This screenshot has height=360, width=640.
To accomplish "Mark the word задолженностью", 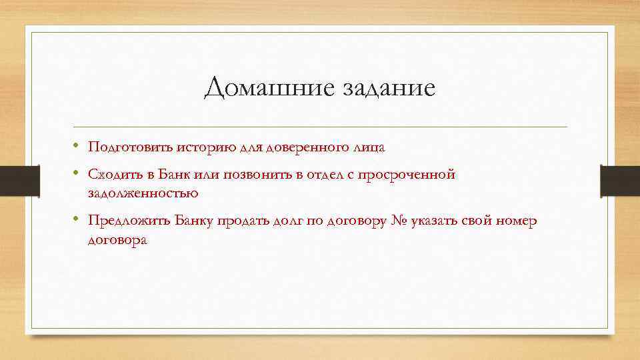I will (x=143, y=193).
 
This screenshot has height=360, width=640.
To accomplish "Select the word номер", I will (x=514, y=221).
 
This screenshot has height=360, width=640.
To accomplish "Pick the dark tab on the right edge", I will (x=620, y=180).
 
